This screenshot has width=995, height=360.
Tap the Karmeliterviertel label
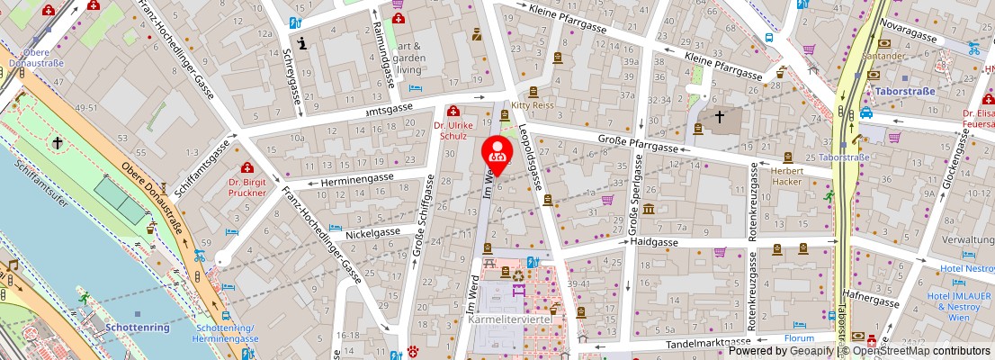tap(509, 320)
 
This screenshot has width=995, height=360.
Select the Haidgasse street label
tap(653, 241)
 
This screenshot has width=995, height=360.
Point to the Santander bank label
tap(886, 56)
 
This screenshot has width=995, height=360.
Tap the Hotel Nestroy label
tap(966, 268)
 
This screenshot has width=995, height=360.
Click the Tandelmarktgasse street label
tap(708, 342)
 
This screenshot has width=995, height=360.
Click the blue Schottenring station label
tap(137, 328)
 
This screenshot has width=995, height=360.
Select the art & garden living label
tap(410, 57)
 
